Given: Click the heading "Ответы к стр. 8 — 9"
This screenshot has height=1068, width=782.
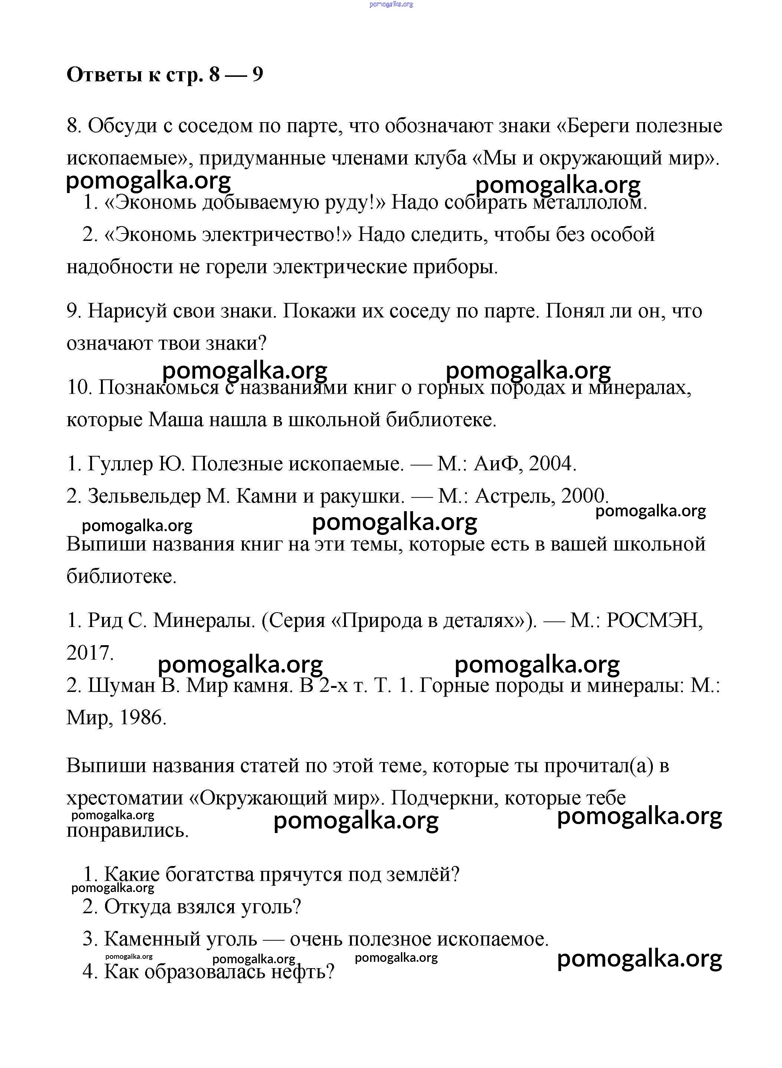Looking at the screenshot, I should click(x=164, y=74).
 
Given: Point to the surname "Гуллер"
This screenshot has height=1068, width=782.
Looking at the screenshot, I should click(x=120, y=463).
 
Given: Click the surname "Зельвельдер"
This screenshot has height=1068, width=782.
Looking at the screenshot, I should click(x=144, y=496).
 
